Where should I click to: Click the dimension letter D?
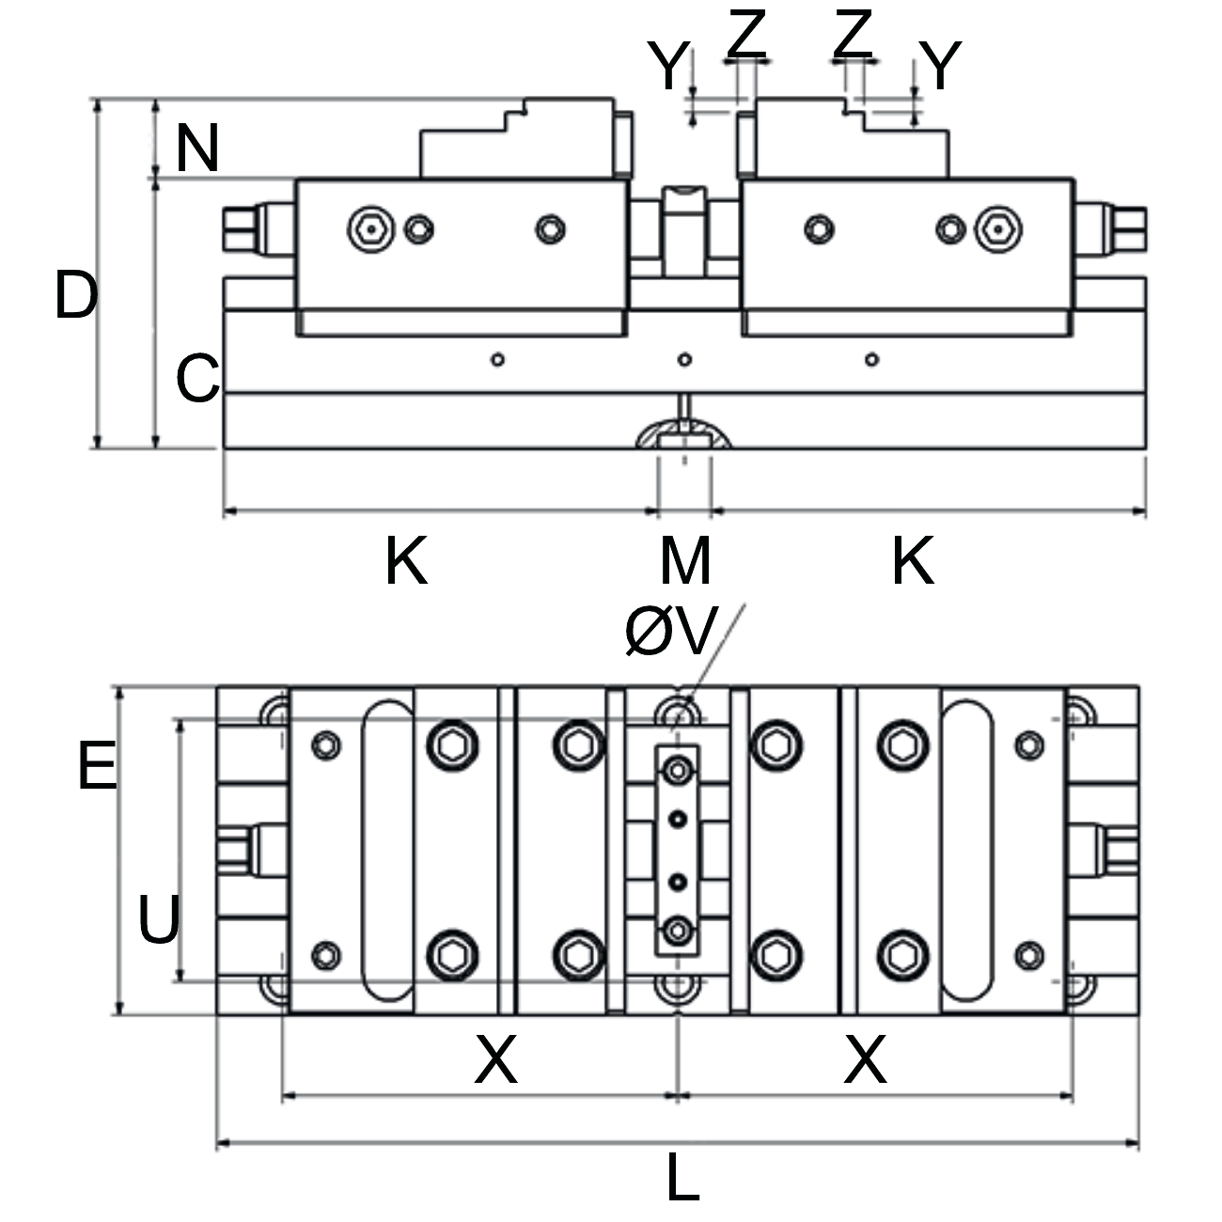(75, 294)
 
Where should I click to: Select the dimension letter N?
(197, 149)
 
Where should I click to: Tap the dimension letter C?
(197, 379)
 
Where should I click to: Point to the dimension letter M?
(684, 560)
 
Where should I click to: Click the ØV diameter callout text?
(671, 631)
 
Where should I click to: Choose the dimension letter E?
(97, 765)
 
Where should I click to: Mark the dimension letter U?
(159, 919)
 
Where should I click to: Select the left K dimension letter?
(406, 560)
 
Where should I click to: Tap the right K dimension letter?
(912, 560)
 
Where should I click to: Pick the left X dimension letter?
(495, 1059)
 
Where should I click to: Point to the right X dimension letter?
(865, 1059)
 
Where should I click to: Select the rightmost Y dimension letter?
(940, 66)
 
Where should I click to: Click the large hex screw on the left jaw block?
(367, 228)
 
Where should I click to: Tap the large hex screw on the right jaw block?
(999, 228)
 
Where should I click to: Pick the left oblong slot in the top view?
(386, 850)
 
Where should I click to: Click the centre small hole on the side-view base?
(685, 359)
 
